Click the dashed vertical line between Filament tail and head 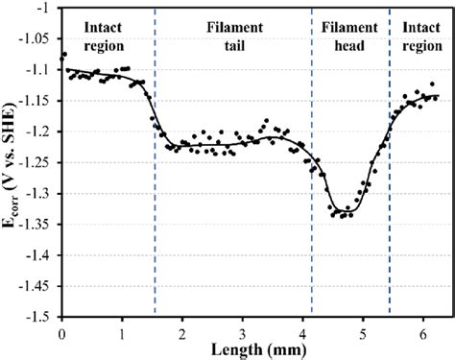(x=313, y=173)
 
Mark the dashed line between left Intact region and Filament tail (x=156, y=173)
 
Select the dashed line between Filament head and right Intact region (x=390, y=173)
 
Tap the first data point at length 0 (x=64, y=55)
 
